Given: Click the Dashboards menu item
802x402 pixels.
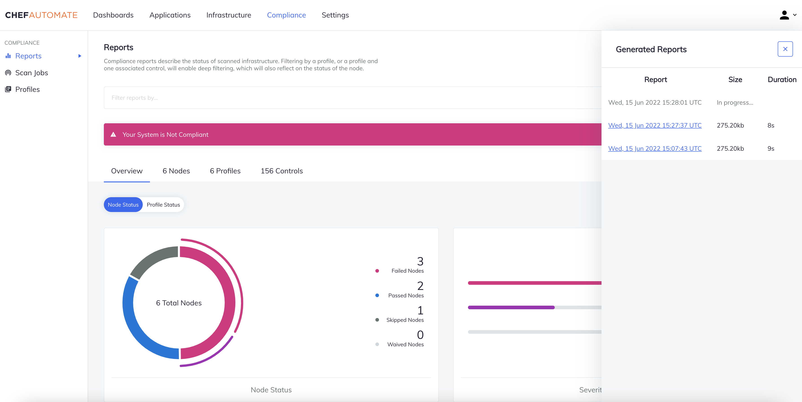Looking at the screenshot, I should click(x=113, y=15).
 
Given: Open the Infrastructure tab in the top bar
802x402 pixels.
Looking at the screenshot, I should click(x=229, y=15).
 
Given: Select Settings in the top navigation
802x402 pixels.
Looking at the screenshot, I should click(x=335, y=15).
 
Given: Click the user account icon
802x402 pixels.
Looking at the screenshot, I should click(x=784, y=15).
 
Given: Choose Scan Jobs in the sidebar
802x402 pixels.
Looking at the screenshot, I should click(x=31, y=73).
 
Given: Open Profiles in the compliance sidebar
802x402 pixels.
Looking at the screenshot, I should click(x=27, y=90).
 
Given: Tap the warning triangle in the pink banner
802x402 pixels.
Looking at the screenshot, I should click(x=113, y=135).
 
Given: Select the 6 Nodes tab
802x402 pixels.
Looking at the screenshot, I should click(x=176, y=171).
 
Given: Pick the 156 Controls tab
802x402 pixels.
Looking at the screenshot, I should click(x=281, y=171).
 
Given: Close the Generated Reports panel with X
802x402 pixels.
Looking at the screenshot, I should click(x=785, y=49).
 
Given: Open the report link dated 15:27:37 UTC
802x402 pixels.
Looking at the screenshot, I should click(x=655, y=125).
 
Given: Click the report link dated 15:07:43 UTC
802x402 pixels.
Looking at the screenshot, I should click(x=655, y=148).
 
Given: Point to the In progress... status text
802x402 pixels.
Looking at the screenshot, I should click(x=735, y=103).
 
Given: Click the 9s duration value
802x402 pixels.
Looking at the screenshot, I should click(x=771, y=148).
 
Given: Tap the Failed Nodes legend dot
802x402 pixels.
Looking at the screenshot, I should click(x=377, y=271).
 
